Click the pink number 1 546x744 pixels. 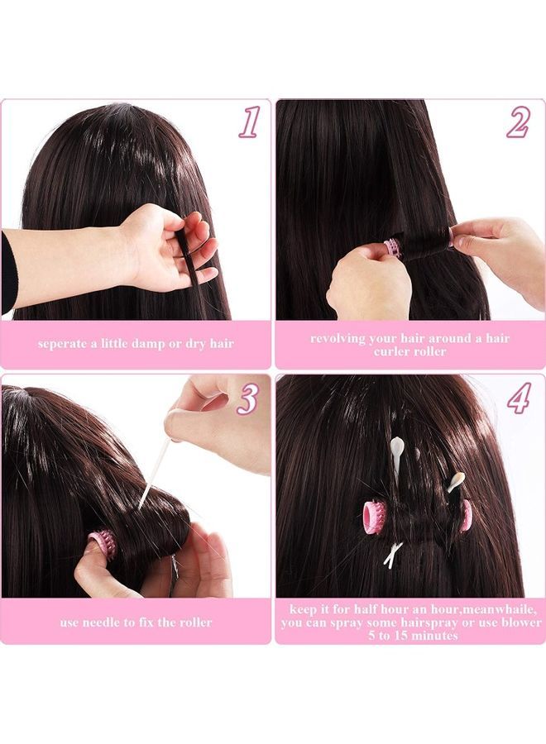(x=249, y=122)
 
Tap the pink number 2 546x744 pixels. (x=519, y=122)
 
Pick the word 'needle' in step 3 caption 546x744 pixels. (x=111, y=622)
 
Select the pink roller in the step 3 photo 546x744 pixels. (x=103, y=546)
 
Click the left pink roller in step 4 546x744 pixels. (x=375, y=515)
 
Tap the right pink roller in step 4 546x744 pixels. (x=466, y=515)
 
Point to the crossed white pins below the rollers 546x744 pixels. (x=393, y=554)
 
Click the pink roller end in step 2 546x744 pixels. (x=394, y=246)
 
